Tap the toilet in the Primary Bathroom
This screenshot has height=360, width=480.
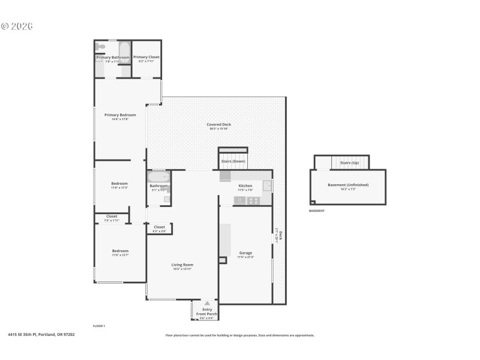coord(101,47)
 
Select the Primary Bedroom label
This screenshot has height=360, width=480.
coord(120,115)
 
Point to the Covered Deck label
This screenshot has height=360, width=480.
coord(219,125)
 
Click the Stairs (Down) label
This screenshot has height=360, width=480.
coord(232,161)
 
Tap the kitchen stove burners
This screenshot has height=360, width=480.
coord(254,200)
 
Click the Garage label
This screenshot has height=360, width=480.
coord(245,253)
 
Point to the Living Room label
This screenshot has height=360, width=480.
coord(182,265)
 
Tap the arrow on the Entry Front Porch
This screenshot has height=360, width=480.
coord(208,304)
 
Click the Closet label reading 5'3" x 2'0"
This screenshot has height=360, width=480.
coord(159,227)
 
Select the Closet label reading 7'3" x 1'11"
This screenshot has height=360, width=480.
coord(112,217)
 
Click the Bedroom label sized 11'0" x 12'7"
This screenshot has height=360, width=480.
coord(120,251)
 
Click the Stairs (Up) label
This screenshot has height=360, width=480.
coord(349,163)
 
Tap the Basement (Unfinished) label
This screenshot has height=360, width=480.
coord(348,185)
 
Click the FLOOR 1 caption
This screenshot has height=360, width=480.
coord(99,325)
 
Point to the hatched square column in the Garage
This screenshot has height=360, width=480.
coord(223,260)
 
